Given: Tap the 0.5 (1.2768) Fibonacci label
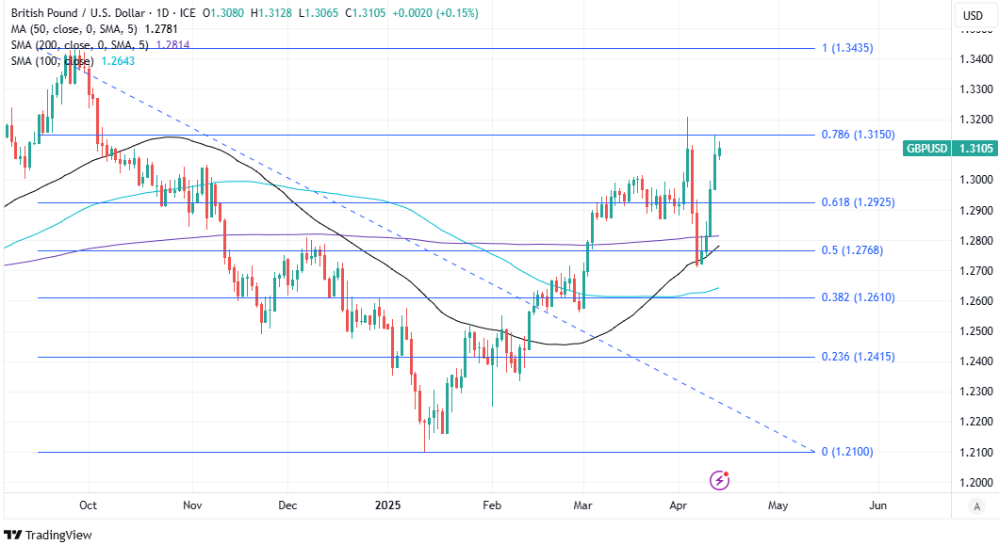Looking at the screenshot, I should (851, 250).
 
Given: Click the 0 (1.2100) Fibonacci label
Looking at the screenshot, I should (847, 452).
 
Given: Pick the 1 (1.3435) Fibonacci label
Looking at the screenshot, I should (847, 47).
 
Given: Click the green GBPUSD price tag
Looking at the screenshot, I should (948, 148).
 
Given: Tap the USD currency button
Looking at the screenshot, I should (972, 15).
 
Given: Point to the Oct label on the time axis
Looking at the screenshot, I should (88, 505).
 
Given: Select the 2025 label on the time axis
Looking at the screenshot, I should (388, 505).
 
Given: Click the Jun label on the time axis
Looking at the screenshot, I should (877, 505).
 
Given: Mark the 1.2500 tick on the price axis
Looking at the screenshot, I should (974, 331).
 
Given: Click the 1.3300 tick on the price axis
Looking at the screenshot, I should (974, 89).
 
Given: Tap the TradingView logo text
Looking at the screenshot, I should (58, 535).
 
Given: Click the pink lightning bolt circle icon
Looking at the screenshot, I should (721, 480).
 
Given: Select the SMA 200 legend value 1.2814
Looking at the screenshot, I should (172, 44).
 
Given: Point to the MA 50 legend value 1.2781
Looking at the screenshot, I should (162, 29).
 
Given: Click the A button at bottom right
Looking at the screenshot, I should (977, 506).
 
